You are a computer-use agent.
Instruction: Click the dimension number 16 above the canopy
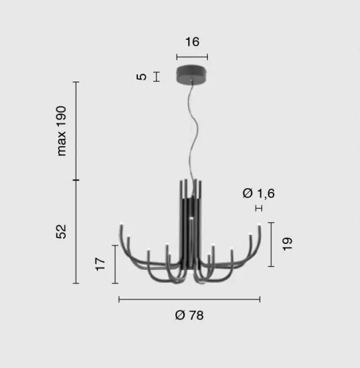click(x=192, y=42)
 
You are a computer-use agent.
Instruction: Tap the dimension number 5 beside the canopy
click(x=142, y=77)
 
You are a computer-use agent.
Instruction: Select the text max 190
click(x=61, y=129)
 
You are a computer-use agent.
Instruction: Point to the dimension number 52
click(x=61, y=231)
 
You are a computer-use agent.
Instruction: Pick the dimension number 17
click(x=101, y=264)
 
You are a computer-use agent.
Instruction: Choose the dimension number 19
click(x=288, y=243)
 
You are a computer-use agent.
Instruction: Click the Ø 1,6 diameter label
click(x=258, y=194)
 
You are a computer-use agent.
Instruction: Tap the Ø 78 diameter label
click(x=189, y=315)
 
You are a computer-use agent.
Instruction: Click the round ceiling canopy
click(x=192, y=75)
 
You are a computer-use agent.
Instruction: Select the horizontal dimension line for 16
click(x=192, y=57)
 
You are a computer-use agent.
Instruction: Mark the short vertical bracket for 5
click(x=157, y=77)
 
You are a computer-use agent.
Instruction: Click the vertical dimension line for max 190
click(x=76, y=130)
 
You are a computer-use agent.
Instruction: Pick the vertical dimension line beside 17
click(x=115, y=264)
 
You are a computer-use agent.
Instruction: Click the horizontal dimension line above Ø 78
click(x=189, y=299)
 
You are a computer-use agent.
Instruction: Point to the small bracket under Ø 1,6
click(x=258, y=209)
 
